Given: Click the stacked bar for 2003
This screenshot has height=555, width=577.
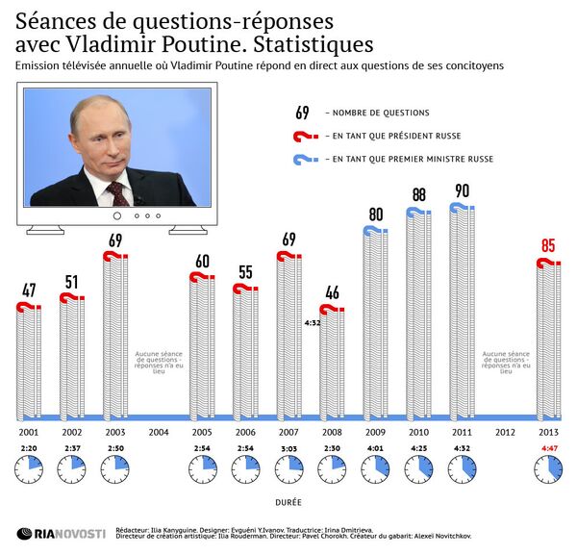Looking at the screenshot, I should point(115,337).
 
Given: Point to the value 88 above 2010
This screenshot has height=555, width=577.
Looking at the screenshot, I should point(418,194).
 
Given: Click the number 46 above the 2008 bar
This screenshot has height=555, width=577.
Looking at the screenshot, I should point(332,292).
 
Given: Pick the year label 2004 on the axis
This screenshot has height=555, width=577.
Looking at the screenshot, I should point(159,432).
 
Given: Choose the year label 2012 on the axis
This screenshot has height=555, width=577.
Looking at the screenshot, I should point(505,432).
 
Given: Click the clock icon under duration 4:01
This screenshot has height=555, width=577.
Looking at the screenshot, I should point(375,470).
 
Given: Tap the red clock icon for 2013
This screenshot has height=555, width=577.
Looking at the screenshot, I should point(549,470).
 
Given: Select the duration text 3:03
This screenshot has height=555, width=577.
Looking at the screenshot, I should point(288,448).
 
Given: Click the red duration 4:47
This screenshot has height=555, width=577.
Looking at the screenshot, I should point(549,448).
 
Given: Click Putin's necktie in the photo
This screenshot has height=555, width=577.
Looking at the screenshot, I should point(118,192).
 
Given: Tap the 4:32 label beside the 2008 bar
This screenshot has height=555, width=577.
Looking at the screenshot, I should point(311,324).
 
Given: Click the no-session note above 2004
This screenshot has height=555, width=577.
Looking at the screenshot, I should point(159,361).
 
